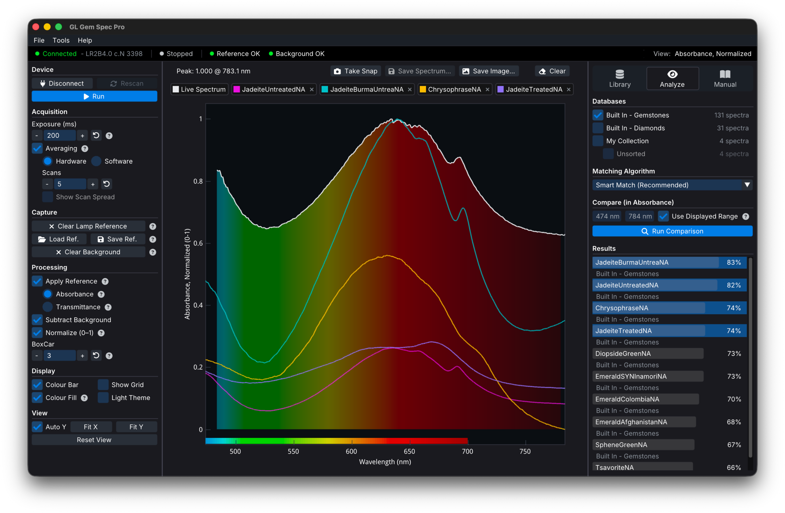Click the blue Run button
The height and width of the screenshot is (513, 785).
coord(94,96)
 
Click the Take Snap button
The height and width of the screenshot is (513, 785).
coord(356,71)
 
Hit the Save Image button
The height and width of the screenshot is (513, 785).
coord(489,71)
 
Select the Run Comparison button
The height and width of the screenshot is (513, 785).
coord(672,231)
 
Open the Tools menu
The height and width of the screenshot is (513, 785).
coord(61,40)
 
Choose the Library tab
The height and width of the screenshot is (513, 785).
coord(620,78)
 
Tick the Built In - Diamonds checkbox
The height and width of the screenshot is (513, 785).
coord(598,128)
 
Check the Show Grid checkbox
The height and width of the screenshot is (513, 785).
coord(103,384)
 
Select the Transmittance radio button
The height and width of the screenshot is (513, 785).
coord(48,307)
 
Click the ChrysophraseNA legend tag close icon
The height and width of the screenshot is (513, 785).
coord(488,89)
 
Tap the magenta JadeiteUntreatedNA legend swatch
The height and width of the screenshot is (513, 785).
coord(236,89)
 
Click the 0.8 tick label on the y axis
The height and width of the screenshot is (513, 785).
coord(198,181)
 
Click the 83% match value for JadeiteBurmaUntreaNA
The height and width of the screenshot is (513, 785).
coord(733,262)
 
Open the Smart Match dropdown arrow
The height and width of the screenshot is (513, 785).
coord(747,185)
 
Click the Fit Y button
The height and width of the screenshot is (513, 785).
coord(136,427)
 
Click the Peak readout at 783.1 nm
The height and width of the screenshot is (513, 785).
coord(213,71)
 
